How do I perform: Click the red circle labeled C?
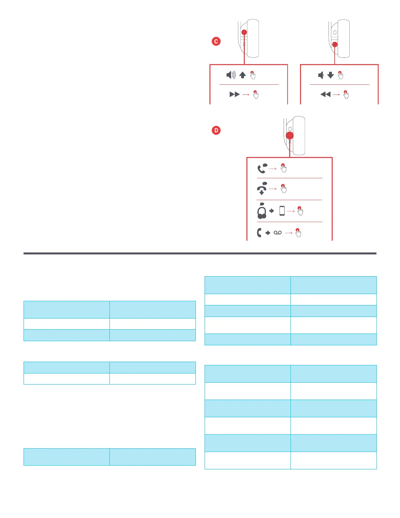(216, 41)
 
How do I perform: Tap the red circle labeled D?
(216, 130)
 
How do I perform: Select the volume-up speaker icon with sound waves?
(231, 75)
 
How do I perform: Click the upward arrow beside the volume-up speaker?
(242, 75)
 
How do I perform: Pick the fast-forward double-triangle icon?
(235, 95)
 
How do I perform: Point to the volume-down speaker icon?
(321, 75)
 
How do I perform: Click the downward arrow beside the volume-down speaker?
(330, 75)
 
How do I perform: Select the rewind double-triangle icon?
(325, 95)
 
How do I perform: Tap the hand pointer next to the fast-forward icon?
(256, 95)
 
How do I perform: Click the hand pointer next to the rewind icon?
(346, 95)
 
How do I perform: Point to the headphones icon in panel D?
(262, 211)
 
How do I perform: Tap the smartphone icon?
(282, 211)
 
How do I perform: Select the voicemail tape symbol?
(277, 233)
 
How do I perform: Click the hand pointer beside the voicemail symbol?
(298, 233)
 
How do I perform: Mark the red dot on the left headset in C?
(244, 32)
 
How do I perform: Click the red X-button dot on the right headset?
(335, 44)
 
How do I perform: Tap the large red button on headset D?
(290, 135)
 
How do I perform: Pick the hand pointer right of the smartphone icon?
(300, 211)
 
